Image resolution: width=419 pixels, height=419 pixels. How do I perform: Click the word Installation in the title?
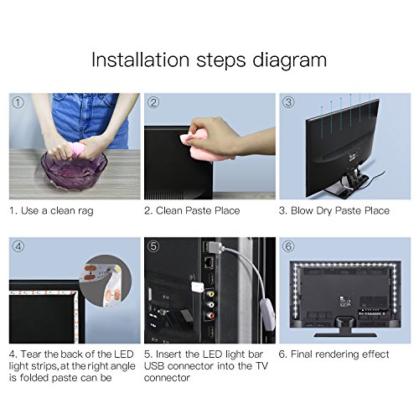point(141,59)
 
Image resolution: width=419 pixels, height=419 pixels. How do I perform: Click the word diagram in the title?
point(290,61)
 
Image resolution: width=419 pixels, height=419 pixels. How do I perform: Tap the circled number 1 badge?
point(18,102)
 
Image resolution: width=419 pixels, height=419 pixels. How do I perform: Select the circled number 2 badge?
point(153,102)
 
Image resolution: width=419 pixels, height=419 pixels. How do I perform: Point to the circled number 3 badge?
point(288,102)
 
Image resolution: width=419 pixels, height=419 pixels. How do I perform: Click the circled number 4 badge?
point(18,246)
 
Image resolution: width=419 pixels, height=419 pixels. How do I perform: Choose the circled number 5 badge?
point(153,246)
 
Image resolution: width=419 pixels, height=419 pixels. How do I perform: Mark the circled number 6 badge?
point(288,246)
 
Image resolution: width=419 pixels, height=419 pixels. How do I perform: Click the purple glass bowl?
point(74,169)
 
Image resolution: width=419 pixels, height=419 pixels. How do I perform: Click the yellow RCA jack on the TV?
point(210,293)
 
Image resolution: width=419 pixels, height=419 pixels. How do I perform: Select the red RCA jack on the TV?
point(210,316)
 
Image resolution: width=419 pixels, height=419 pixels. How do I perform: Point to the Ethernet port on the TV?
point(209,262)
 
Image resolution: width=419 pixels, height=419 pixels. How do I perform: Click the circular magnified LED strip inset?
point(106,282)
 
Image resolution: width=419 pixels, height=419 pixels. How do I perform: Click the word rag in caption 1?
point(85,211)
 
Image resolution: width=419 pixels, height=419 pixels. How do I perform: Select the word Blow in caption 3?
point(302,210)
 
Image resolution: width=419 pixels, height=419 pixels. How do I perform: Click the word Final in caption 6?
point(302,354)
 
